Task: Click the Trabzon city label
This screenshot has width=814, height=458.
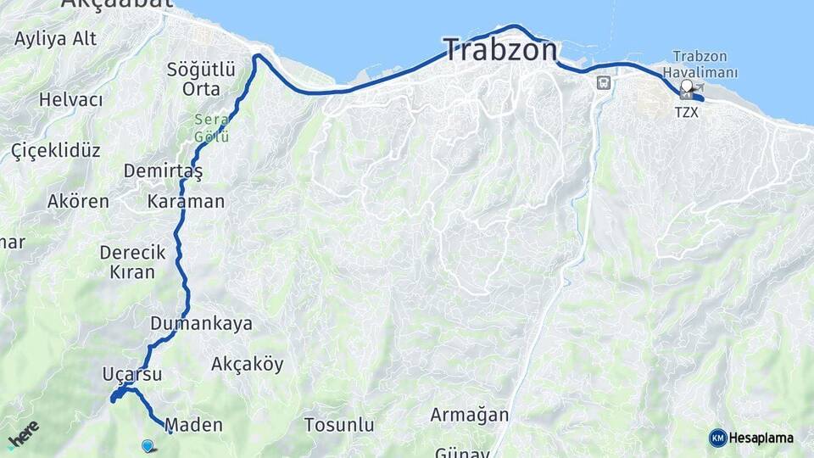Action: [x=500, y=49]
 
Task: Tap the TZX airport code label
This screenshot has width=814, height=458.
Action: [x=687, y=112]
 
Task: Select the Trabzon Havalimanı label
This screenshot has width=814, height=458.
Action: [x=705, y=64]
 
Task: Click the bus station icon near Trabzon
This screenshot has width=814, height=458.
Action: [x=603, y=83]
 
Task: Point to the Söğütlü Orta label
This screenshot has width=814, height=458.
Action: [x=194, y=78]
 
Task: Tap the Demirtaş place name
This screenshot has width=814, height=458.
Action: [x=163, y=171]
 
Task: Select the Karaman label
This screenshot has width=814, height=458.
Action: [x=186, y=202]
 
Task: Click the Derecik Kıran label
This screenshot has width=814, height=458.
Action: [x=132, y=262]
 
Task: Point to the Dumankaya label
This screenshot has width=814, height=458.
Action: [x=201, y=323]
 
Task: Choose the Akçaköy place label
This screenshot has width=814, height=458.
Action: [x=247, y=364]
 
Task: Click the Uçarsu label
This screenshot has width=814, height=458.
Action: [x=131, y=373]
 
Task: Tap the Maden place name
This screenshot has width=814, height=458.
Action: [x=194, y=425]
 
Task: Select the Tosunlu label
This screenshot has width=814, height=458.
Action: [x=339, y=425]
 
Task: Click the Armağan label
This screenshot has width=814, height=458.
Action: [x=469, y=415]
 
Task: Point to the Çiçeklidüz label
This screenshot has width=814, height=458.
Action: [x=56, y=151]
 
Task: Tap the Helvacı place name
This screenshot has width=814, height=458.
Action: [x=70, y=100]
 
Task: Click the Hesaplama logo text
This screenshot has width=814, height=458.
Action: [x=761, y=438]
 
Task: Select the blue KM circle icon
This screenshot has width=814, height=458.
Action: [x=717, y=438]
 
